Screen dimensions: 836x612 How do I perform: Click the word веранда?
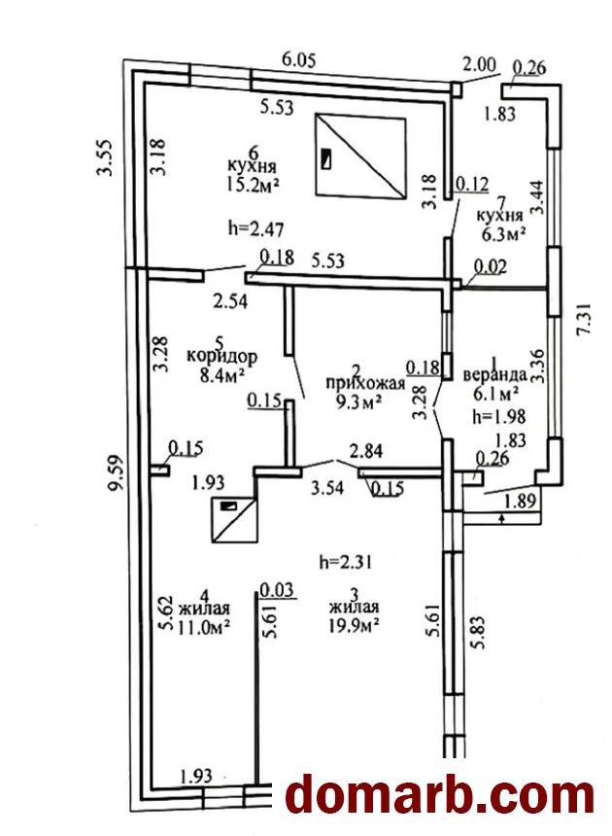(494, 374)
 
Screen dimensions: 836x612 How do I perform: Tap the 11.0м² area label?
(204, 627)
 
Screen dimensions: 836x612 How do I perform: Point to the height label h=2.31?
(346, 561)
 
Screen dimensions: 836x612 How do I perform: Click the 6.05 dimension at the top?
(300, 59)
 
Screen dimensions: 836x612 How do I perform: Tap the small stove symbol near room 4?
(234, 520)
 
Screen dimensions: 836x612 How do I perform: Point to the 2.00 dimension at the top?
(479, 65)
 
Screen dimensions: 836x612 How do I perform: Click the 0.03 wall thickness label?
(276, 588)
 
